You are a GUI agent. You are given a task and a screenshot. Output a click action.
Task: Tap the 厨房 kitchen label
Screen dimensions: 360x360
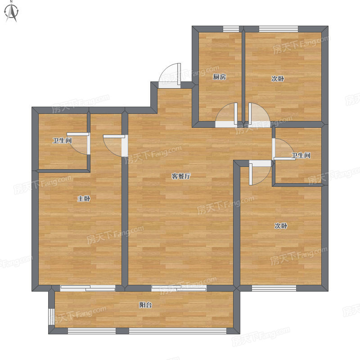pos(220,76)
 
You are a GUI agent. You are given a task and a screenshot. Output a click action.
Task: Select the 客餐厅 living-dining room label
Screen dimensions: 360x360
pos(181,176)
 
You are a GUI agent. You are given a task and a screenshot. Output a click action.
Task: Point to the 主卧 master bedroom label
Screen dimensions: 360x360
pos(84,198)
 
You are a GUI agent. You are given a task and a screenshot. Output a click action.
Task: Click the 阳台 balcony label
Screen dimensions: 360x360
pos(145,305)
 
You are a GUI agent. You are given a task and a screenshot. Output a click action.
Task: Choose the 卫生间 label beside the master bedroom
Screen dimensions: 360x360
pos(62,140)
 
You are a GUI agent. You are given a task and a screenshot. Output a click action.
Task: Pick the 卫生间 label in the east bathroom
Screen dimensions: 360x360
pos(301,155)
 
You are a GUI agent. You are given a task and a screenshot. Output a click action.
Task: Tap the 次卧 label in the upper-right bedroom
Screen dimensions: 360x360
pos(278,79)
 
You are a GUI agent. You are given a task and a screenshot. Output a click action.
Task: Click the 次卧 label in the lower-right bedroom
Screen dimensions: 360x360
pos(281,226)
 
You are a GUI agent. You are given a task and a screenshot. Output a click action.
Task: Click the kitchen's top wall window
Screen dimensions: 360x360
pos(231,29)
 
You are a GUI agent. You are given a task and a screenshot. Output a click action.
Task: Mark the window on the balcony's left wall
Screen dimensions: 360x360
pos(51,317)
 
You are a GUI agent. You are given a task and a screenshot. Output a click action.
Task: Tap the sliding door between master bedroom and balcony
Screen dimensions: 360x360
pos(88,288)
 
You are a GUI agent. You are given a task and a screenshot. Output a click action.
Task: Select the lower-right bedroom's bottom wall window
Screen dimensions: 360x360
pos(274,288)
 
